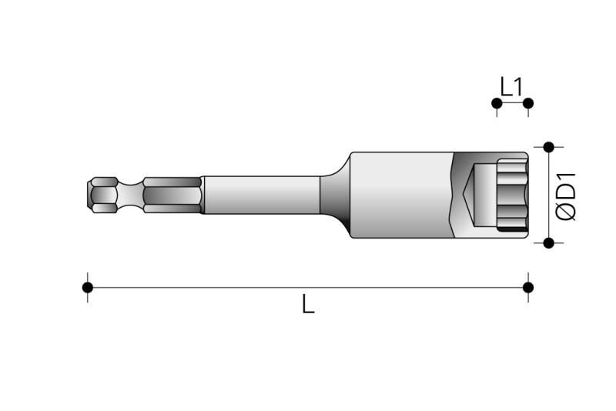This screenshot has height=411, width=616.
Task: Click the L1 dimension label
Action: point(511,87)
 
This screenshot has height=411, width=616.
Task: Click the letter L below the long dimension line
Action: point(309,304)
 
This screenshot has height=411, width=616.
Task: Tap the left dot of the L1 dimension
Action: point(497,103)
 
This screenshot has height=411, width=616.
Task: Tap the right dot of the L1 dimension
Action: point(528,103)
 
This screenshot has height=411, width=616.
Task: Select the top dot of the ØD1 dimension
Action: point(549,147)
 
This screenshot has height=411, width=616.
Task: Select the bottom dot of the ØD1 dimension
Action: point(549,243)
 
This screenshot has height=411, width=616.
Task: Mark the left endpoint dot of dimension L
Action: point(88,287)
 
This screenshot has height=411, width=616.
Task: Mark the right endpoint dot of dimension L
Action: point(528,287)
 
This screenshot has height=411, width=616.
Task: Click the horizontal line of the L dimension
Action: point(308,287)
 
